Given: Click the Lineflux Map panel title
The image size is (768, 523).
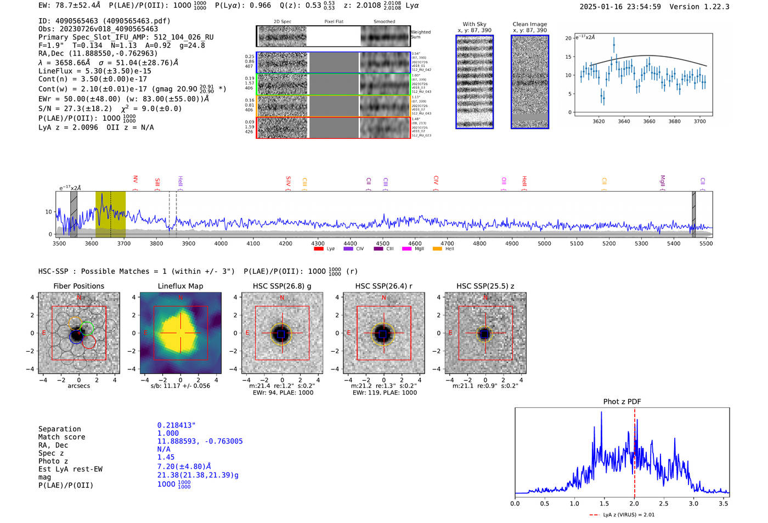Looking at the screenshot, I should click(x=180, y=286).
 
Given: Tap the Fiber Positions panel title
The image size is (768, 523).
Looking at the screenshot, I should click(x=78, y=286).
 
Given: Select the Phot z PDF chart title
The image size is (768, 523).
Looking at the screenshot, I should click(x=622, y=401).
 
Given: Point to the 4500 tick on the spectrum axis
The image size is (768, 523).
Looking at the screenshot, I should click(x=382, y=243).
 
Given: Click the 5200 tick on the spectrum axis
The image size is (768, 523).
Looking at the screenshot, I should click(x=609, y=243).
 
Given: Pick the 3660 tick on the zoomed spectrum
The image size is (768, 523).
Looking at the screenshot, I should click(x=649, y=121).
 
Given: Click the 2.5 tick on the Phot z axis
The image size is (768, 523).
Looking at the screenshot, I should click(x=664, y=503).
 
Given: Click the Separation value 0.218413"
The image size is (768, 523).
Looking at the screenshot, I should click(x=176, y=425).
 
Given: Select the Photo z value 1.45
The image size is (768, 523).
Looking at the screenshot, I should click(x=166, y=457).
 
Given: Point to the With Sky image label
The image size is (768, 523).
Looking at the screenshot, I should click(x=475, y=24).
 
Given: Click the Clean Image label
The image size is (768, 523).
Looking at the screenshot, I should click(x=529, y=24).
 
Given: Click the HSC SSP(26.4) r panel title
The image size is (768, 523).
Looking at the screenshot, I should click(x=383, y=286).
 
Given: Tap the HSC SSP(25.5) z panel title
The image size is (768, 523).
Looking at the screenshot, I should click(x=485, y=286).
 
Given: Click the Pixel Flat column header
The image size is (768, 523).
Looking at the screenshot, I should click(x=334, y=21).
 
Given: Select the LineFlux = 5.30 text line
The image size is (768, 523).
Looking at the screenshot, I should click(x=95, y=71).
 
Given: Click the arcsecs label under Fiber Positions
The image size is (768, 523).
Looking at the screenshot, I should click(x=78, y=386).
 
